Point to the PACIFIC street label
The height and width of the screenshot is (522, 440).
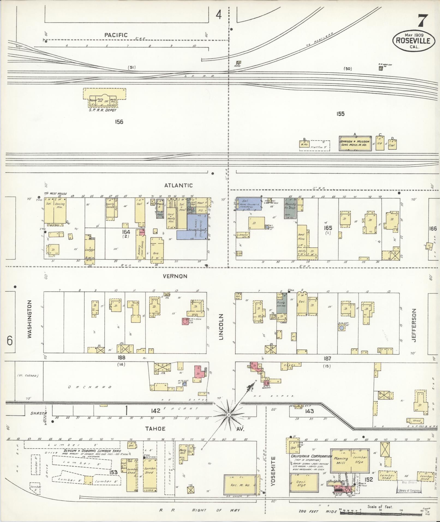point(116,35)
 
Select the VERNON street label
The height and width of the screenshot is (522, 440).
point(175,276)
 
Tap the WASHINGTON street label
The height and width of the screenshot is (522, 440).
point(29,319)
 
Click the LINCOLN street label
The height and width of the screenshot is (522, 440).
point(221,327)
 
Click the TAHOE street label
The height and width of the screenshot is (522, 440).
point(155,429)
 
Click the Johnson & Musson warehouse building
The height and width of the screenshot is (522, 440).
point(355,144)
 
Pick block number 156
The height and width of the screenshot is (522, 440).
point(119,122)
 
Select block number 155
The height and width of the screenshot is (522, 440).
point(340,114)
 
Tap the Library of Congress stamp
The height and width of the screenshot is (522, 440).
point(408,490)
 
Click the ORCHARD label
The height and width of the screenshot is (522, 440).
point(90,387)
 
